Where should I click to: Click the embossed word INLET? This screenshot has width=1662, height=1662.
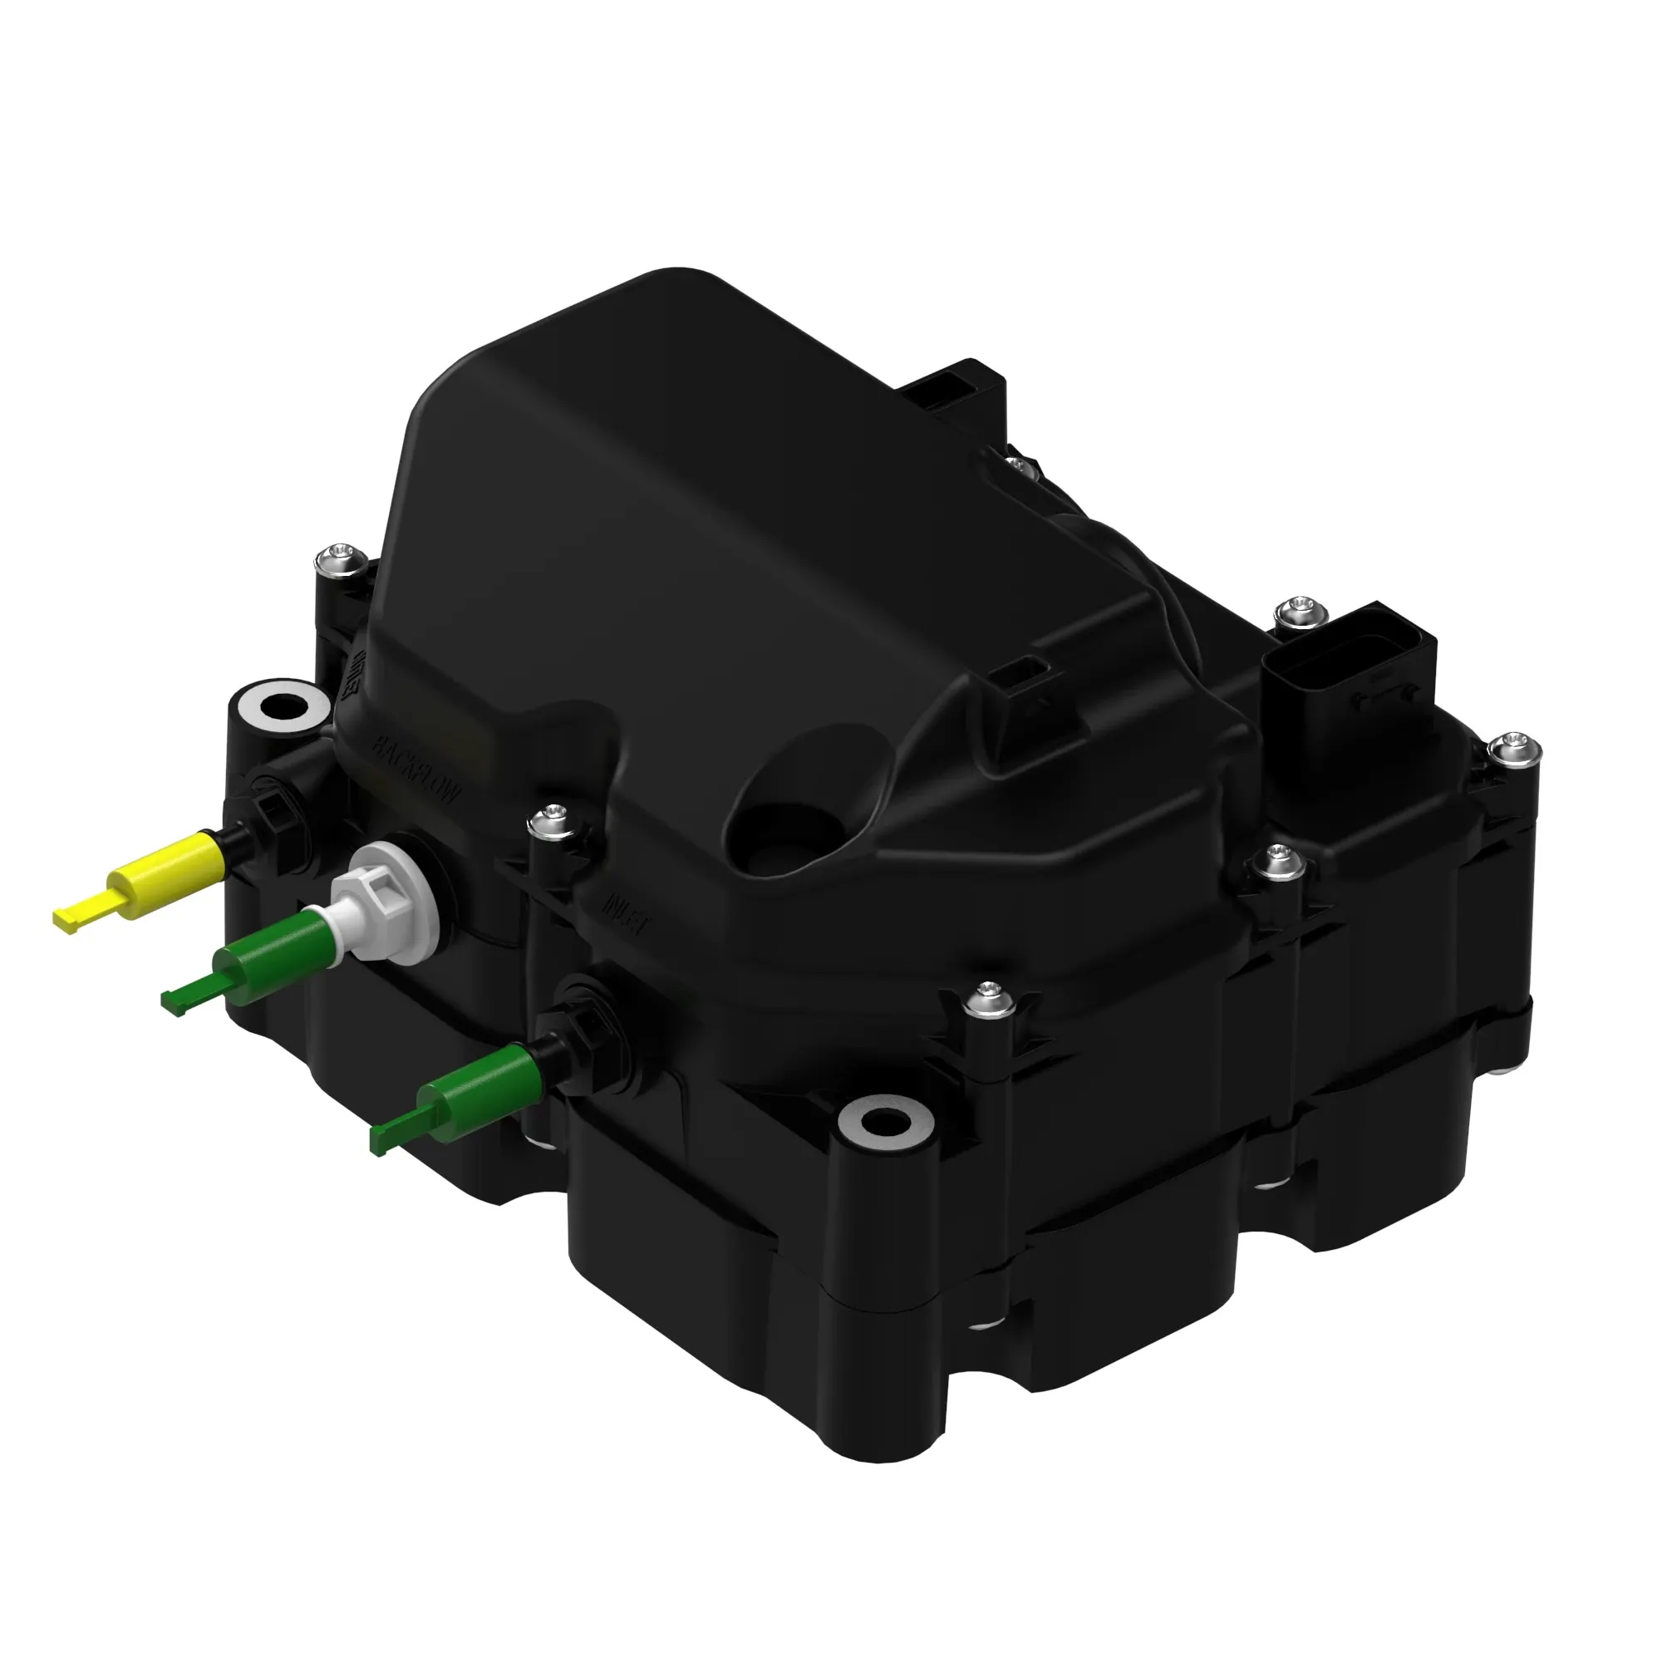click(x=627, y=912)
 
